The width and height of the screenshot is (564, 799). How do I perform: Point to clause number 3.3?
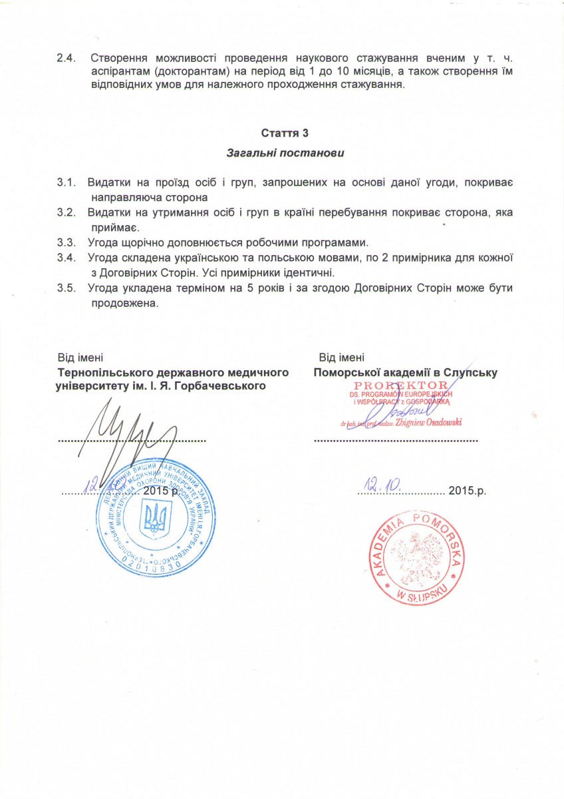tap(66, 241)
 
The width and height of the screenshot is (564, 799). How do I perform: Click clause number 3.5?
tap(66, 288)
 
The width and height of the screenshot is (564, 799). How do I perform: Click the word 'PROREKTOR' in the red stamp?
tap(392, 386)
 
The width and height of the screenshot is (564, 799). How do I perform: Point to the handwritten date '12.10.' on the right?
tap(380, 485)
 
